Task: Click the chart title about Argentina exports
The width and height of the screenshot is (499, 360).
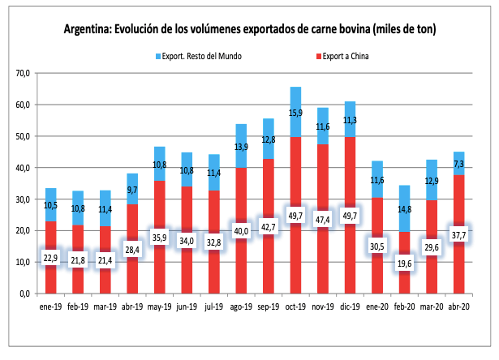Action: [x=250, y=30]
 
